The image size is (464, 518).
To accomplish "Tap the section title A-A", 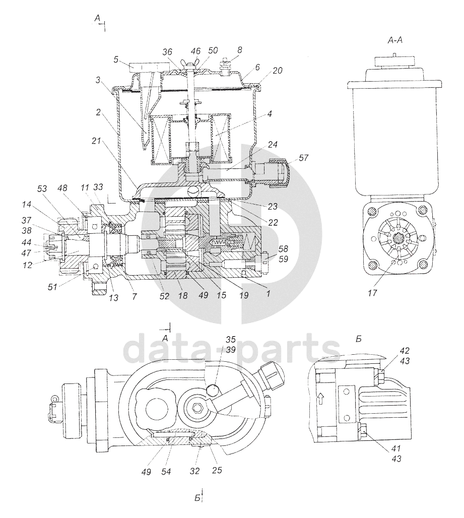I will (x=395, y=42).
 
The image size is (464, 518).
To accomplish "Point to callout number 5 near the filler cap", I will (x=116, y=59).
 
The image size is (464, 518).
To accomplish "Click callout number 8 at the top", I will (x=239, y=50).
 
